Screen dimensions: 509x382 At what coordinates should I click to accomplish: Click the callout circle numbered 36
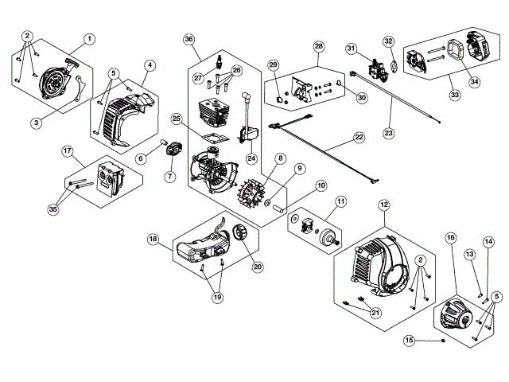click(188, 40)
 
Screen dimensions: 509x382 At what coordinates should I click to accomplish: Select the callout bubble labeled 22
click(359, 137)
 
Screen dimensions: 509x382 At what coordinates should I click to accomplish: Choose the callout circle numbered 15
click(410, 340)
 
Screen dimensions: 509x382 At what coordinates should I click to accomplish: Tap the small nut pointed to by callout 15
click(443, 340)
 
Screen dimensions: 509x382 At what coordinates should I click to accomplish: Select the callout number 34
click(474, 82)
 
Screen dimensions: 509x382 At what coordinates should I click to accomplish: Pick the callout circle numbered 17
click(67, 151)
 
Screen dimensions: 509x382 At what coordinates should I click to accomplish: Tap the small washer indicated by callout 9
click(267, 203)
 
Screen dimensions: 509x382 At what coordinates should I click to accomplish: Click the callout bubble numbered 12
click(384, 205)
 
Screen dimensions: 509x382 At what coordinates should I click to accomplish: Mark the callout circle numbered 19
click(217, 297)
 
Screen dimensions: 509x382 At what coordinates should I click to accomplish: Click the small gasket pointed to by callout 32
click(394, 66)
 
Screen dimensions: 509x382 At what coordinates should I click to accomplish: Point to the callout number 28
click(319, 46)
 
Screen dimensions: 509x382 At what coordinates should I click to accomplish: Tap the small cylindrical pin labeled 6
click(164, 142)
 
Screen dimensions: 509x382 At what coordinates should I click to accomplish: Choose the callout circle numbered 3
click(36, 123)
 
